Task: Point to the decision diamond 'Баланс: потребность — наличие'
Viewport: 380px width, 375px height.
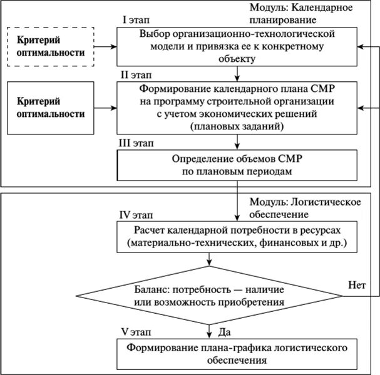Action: pos(208,296)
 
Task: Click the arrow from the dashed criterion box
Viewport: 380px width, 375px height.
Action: pos(106,47)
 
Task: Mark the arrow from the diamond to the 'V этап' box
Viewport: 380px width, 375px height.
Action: pos(209,329)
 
